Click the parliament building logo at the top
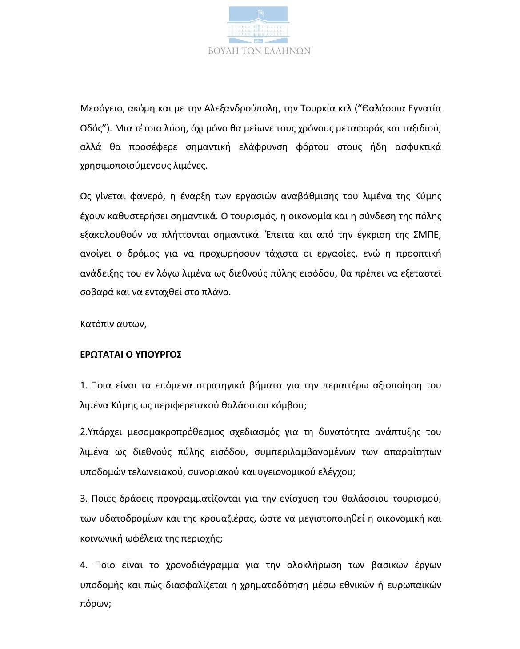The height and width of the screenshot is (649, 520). click(260, 24)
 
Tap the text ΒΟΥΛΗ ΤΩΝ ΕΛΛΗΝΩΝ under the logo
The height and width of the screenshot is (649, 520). click(260, 51)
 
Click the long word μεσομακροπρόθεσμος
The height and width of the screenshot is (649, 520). click(160, 431)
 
